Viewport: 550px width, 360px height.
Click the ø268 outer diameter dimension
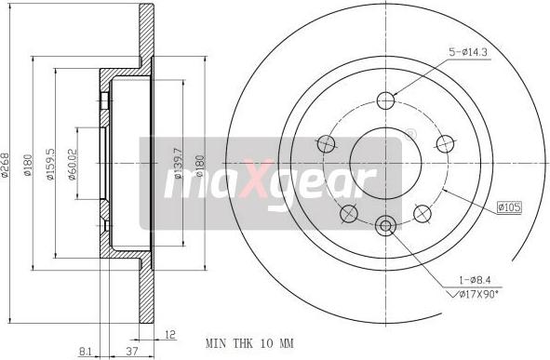[6, 164]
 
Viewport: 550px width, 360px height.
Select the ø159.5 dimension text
[51, 164]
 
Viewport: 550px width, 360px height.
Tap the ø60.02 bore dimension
[73, 164]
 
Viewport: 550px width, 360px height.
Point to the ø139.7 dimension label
[179, 164]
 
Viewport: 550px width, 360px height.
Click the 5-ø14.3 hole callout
[468, 52]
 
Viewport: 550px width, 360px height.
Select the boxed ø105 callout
[509, 207]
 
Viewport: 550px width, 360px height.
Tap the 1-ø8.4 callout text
[475, 280]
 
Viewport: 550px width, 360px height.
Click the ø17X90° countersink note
[475, 294]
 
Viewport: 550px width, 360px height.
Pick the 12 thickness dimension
[169, 334]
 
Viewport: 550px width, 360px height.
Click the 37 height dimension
[131, 351]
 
